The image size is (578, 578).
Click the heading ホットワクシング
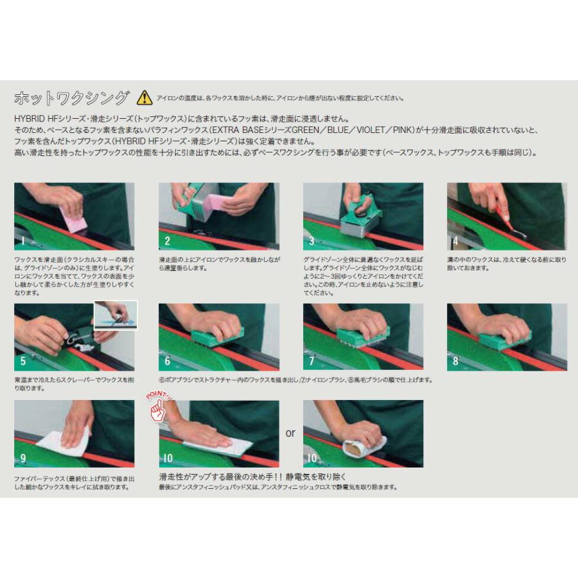point(71,98)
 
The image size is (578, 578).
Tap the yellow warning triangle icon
point(144,98)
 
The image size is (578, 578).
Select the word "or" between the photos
point(290,433)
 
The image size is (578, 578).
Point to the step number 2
point(167,241)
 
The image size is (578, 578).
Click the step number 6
point(167,362)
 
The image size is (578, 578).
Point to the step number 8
point(455,362)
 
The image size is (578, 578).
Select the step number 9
point(23,459)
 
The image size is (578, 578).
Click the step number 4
point(455,241)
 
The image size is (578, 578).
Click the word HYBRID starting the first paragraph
point(30,119)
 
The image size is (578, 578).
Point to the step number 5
point(23,362)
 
